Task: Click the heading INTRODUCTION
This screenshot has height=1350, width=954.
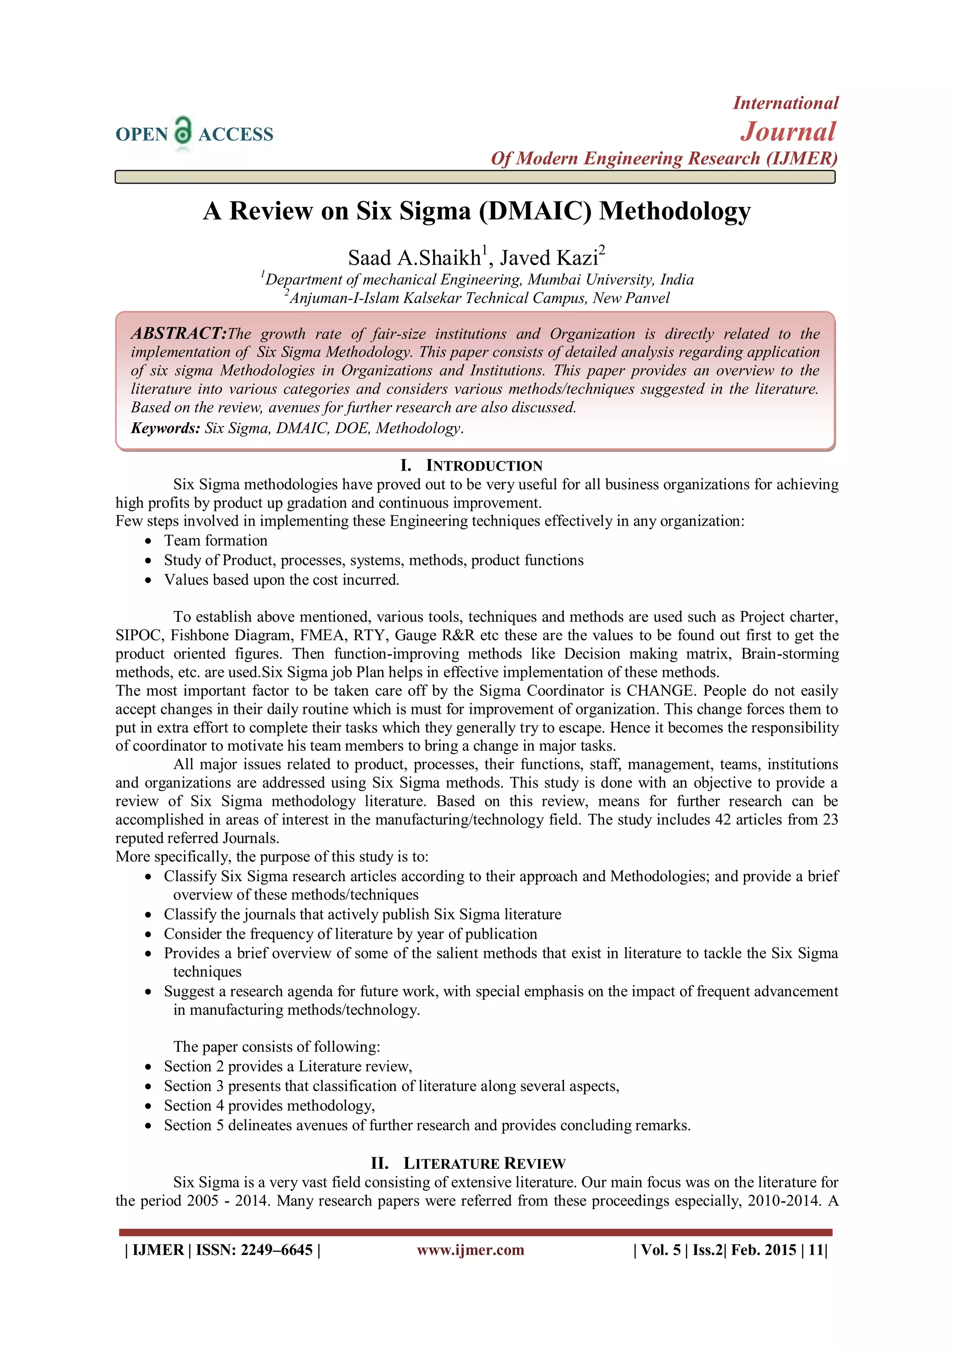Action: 484,466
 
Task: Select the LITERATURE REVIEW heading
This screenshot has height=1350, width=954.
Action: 484,1164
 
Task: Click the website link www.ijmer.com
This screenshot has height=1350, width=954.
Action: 470,1249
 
